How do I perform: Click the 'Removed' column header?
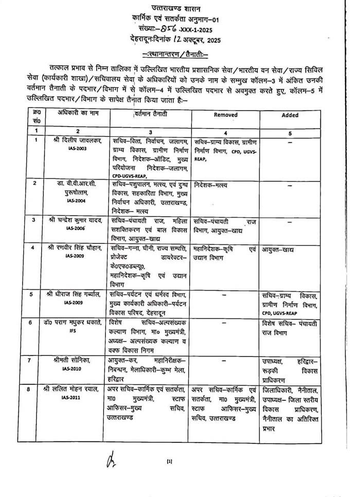(x=225, y=115)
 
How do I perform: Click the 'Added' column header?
(x=290, y=115)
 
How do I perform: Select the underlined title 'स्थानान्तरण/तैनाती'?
(x=174, y=54)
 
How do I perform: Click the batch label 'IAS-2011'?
(x=76, y=397)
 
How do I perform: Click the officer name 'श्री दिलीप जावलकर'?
(x=77, y=140)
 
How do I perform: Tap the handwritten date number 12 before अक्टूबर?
(x=176, y=40)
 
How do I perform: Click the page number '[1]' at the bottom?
(x=169, y=461)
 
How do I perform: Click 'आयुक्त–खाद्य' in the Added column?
(x=278, y=250)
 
